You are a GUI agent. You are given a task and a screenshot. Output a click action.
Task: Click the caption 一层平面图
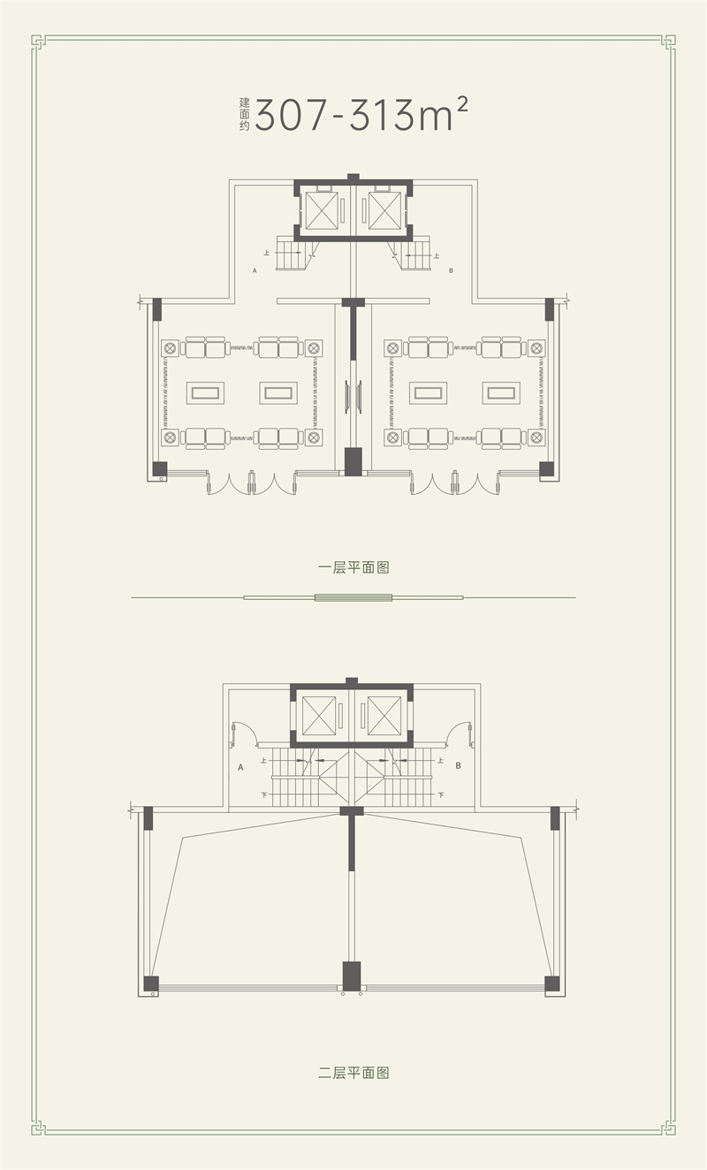click(353, 567)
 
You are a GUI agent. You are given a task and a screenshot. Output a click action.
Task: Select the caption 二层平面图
click(353, 1073)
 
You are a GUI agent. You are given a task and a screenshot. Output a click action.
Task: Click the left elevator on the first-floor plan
click(322, 210)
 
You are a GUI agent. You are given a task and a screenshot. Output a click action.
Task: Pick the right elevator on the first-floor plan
click(385, 210)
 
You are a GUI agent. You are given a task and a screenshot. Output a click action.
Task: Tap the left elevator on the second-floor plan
click(319, 716)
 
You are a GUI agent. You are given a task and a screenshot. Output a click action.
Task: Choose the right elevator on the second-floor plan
click(384, 716)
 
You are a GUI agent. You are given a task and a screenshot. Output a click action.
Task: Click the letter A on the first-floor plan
click(255, 270)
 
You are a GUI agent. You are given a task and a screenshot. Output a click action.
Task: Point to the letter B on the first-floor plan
click(451, 270)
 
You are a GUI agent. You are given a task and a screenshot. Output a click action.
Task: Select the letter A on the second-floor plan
click(240, 767)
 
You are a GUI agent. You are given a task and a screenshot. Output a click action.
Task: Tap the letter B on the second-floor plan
click(459, 766)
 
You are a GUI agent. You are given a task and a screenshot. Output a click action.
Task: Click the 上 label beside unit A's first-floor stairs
click(267, 253)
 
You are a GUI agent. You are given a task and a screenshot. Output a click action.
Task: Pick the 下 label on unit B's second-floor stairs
click(442, 795)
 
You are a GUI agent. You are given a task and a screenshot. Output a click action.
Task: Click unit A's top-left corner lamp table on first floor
click(170, 348)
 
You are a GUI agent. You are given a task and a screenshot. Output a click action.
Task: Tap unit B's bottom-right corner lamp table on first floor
click(536, 437)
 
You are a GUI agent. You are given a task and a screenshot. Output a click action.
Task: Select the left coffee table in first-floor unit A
click(205, 392)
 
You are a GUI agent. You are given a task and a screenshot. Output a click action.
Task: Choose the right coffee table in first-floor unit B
click(501, 392)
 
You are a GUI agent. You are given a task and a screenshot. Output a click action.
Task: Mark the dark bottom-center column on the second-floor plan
click(352, 976)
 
